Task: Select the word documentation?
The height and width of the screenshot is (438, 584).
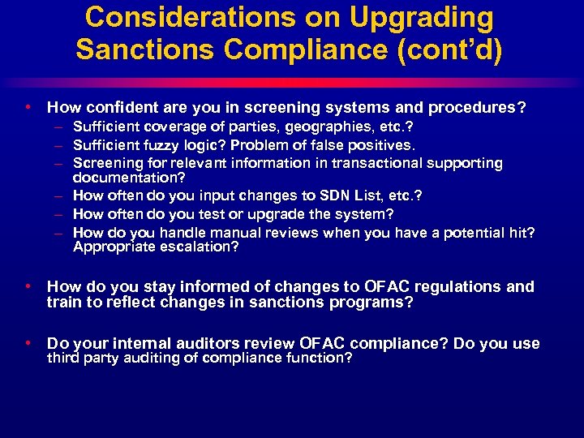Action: coord(129,177)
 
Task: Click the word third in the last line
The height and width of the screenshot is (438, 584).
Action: coord(63,358)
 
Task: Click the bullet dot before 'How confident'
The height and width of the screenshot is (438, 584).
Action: coord(28,106)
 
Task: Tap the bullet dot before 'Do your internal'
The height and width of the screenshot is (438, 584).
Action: coord(28,343)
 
